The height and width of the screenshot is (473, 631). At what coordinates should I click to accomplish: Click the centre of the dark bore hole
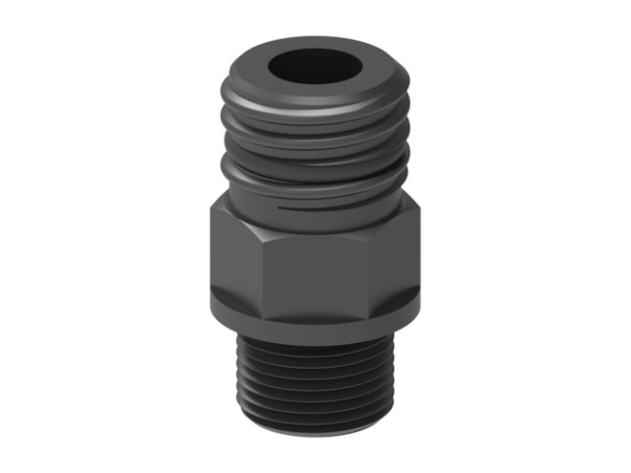pyautogui.click(x=315, y=69)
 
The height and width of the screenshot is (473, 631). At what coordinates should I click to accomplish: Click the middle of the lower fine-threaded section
pyautogui.click(x=315, y=383)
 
